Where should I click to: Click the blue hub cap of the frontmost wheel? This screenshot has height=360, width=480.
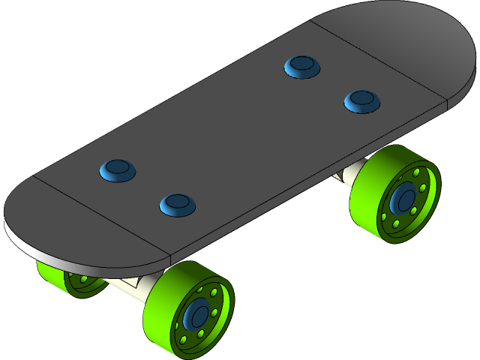(199, 316)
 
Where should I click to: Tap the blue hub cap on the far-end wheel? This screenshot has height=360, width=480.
(406, 199)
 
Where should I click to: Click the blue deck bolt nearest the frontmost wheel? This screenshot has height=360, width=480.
(177, 202)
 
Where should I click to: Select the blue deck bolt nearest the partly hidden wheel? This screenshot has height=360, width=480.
(118, 169)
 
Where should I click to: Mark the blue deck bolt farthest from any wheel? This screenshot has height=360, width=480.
(302, 67)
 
